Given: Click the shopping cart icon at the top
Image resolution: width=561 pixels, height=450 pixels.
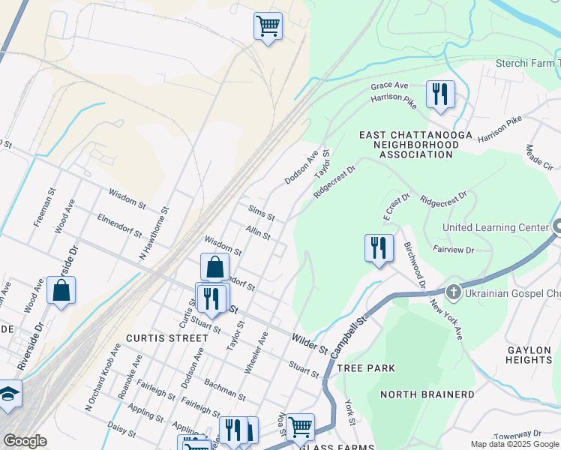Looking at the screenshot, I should (x=268, y=27).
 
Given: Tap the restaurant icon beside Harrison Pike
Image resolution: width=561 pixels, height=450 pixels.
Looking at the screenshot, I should (x=439, y=94).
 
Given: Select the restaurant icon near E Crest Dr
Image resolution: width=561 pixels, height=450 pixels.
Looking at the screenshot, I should (x=379, y=248).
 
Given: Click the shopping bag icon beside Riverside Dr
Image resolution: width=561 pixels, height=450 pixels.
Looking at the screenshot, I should (x=61, y=291).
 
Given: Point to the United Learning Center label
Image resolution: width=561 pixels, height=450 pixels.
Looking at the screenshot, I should (x=496, y=227).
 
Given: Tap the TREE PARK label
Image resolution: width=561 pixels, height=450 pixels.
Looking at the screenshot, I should (x=366, y=368).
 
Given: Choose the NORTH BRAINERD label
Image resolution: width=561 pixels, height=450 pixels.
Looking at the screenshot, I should (x=427, y=394).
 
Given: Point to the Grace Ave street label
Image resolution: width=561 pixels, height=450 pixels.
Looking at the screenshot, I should (x=389, y=86).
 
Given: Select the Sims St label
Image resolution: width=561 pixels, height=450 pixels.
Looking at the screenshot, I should (x=261, y=211).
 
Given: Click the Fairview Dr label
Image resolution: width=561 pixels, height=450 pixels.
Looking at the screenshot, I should (x=453, y=248).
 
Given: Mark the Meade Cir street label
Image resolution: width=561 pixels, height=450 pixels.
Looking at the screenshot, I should (x=539, y=158).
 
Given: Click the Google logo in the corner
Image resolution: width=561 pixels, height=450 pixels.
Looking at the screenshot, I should (x=25, y=441).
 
